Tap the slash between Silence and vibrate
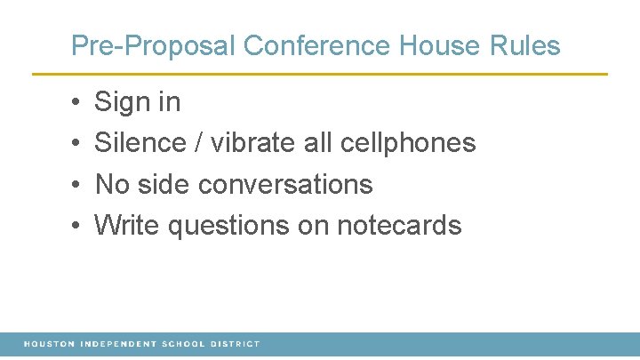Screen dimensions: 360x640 click(200, 143)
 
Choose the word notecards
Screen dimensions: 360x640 click(399, 226)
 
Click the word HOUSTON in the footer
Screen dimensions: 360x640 click(50, 344)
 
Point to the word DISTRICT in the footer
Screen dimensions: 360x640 click(236, 344)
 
